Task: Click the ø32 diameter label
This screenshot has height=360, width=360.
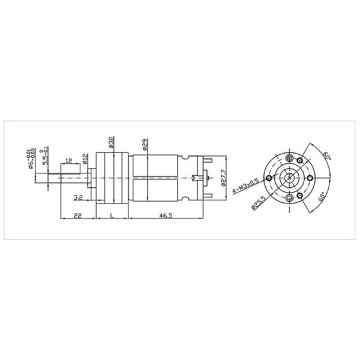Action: (111, 142)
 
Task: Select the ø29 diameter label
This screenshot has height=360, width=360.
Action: (146, 145)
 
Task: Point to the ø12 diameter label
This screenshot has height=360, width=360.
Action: (85, 158)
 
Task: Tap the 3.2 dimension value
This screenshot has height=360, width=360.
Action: (77, 197)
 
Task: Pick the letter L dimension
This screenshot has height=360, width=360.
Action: (112, 216)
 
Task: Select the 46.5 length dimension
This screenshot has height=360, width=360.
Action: (166, 216)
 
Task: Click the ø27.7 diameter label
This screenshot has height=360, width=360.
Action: (223, 178)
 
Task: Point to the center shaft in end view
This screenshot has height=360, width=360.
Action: (291, 178)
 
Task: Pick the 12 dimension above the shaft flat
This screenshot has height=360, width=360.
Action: (70, 161)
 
